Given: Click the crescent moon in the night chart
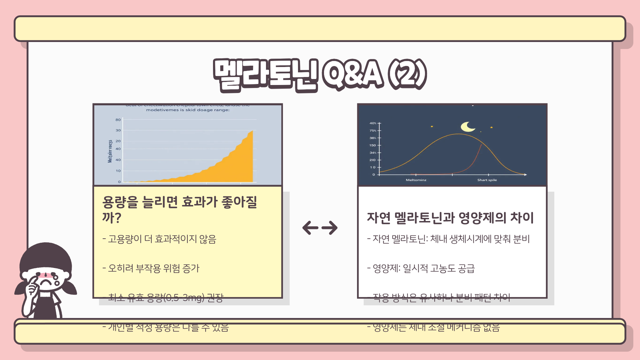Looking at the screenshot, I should tap(467, 127).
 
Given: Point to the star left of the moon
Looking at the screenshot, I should tap(432, 127).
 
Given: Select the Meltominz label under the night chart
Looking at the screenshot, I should tap(416, 180).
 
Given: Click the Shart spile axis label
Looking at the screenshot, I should tap(487, 180).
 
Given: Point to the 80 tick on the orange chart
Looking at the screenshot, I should tap(118, 120).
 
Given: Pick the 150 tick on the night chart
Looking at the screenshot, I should tap(372, 145).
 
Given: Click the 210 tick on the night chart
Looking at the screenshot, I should tap(372, 160).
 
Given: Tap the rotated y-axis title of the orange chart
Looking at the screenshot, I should tap(110, 151).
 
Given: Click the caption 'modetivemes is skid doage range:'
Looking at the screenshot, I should tap(188, 110).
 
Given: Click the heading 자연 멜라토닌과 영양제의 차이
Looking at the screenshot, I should tap(450, 218).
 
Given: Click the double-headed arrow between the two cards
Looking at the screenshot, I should tap(320, 228).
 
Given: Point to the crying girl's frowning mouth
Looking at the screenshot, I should tap(47, 283).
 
